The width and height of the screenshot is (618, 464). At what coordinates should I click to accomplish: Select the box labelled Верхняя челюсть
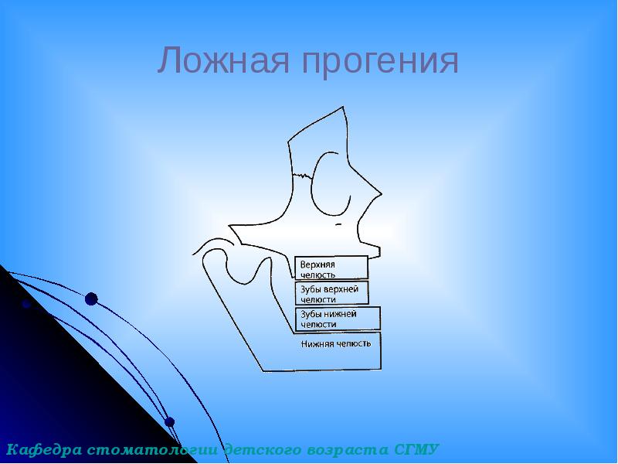tap(331, 268)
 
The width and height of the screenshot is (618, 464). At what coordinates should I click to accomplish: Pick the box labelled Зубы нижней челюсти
tap(338, 319)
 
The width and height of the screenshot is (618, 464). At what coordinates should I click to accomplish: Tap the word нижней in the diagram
tap(341, 314)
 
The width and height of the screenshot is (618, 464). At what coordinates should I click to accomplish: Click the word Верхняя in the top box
tap(317, 264)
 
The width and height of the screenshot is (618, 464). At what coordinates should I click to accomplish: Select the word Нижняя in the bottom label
tap(317, 343)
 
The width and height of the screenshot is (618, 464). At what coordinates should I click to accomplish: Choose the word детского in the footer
tap(260, 449)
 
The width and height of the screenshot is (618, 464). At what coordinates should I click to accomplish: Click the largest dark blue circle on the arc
tap(91, 299)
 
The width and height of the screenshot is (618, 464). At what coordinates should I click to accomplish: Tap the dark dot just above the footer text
tap(170, 422)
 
